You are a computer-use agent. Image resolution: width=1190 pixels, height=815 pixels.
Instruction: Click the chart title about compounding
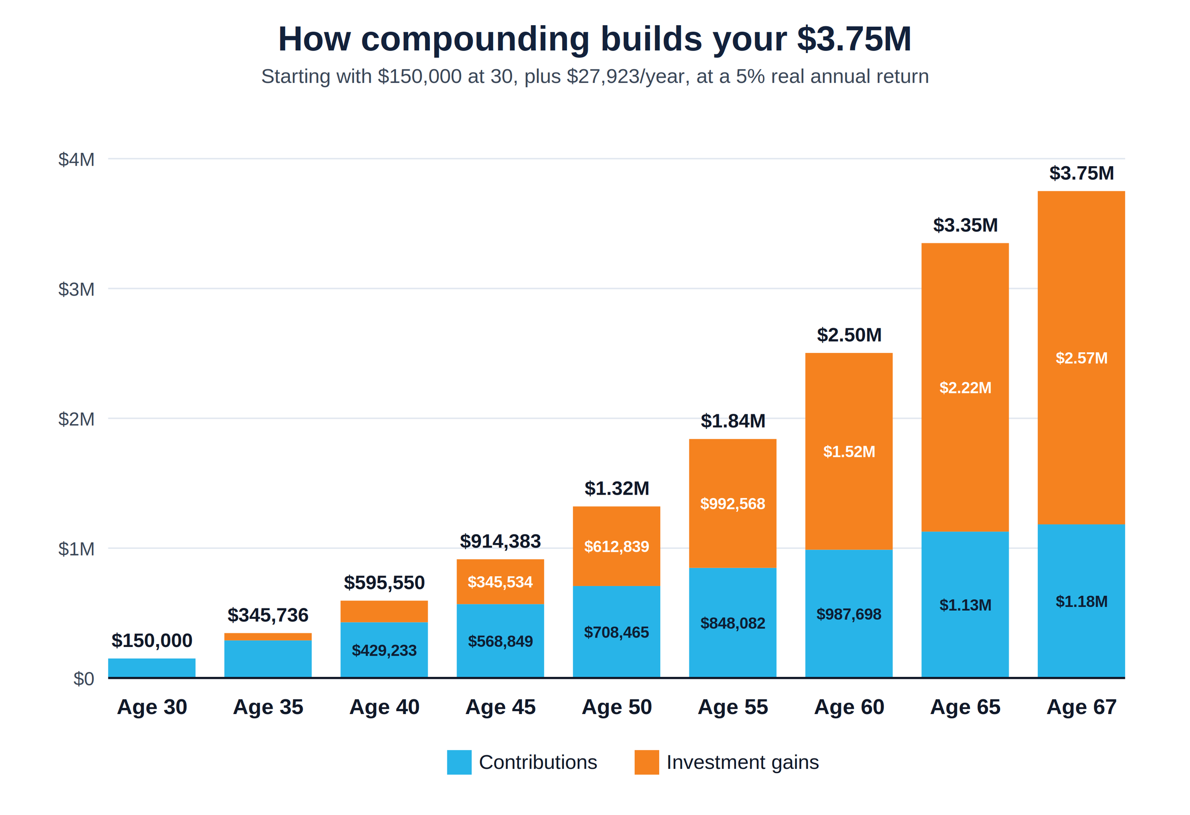pyautogui.click(x=595, y=40)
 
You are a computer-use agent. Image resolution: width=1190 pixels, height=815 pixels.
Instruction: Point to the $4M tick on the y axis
pyautogui.click(x=76, y=160)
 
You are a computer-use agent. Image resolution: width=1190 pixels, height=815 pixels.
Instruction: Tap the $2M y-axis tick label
pyautogui.click(x=76, y=419)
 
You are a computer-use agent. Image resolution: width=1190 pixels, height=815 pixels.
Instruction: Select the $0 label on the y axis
pyautogui.click(x=84, y=679)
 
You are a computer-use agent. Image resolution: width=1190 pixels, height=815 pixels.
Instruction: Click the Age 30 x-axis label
pyautogui.click(x=152, y=707)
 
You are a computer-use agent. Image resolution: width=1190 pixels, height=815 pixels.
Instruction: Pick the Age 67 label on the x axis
pyautogui.click(x=1081, y=707)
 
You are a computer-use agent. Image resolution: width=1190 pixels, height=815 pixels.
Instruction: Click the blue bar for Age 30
pyautogui.click(x=151, y=668)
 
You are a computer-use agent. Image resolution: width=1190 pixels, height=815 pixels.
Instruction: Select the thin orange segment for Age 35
pyautogui.click(x=268, y=637)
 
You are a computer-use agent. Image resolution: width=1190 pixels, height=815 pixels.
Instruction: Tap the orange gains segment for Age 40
pyautogui.click(x=384, y=612)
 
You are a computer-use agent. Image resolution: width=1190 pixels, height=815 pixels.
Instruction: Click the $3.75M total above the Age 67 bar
pyautogui.click(x=1081, y=173)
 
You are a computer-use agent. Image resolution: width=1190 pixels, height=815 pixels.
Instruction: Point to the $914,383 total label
pyautogui.click(x=500, y=541)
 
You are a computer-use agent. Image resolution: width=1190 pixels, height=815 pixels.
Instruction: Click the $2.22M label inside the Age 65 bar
pyautogui.click(x=965, y=388)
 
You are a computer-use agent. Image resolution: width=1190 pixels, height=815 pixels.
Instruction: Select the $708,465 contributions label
pyautogui.click(x=616, y=633)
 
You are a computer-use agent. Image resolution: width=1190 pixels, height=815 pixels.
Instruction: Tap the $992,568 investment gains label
pyautogui.click(x=733, y=504)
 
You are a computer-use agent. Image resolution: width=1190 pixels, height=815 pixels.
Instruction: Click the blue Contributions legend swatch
pyautogui.click(x=459, y=762)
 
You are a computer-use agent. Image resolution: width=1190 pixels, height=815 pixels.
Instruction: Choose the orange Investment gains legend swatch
pyautogui.click(x=647, y=762)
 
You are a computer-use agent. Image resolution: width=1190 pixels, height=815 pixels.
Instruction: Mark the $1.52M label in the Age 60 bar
pyautogui.click(x=849, y=452)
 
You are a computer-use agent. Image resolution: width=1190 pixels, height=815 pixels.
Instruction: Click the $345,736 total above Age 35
pyautogui.click(x=268, y=615)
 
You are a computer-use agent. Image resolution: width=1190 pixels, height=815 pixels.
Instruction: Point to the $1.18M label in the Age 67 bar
pyautogui.click(x=1081, y=601)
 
